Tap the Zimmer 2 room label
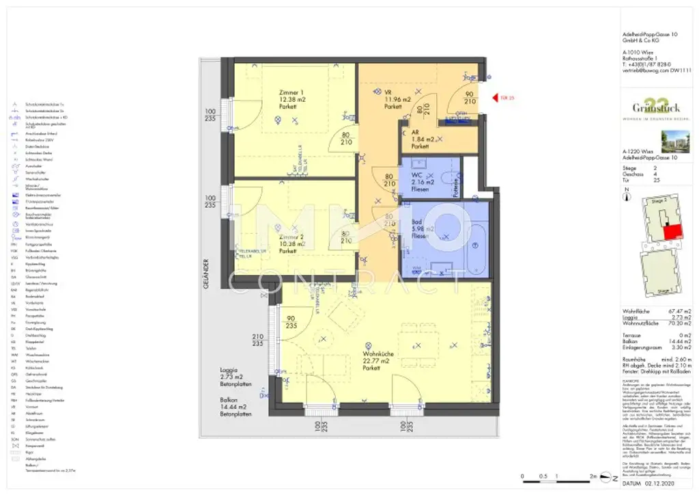click(291, 243)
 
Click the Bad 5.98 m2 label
click(421, 228)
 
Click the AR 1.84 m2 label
click(420, 139)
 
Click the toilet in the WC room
click(447, 179)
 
